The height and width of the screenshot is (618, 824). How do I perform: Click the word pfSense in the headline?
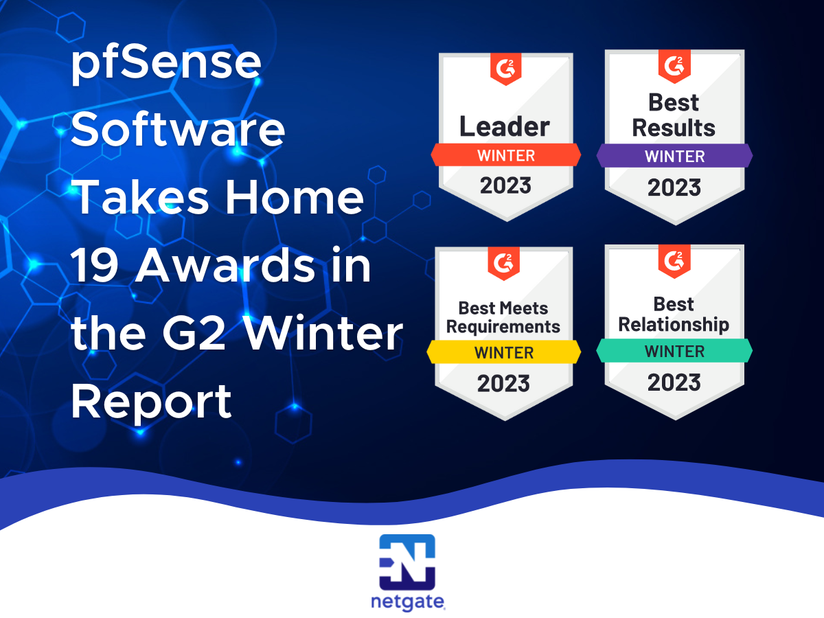pyautogui.click(x=166, y=63)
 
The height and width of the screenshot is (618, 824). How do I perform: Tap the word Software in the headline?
pyautogui.click(x=178, y=130)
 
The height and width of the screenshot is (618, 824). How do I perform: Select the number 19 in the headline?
pyautogui.click(x=95, y=266)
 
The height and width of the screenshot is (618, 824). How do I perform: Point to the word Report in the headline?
pyautogui.click(x=151, y=402)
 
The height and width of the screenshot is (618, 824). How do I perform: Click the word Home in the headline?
pyautogui.click(x=295, y=197)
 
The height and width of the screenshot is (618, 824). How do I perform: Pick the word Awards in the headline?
pyautogui.click(x=225, y=265)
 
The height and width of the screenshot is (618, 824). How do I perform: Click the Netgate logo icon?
pyautogui.click(x=407, y=562)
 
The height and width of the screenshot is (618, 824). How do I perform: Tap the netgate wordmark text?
pyautogui.click(x=408, y=602)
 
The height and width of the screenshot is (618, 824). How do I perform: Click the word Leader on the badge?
pyautogui.click(x=505, y=126)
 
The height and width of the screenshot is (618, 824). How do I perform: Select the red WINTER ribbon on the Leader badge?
pyautogui.click(x=505, y=155)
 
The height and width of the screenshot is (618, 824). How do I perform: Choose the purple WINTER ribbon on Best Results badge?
pyautogui.click(x=674, y=156)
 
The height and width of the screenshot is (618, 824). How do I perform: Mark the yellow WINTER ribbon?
pyautogui.click(x=504, y=352)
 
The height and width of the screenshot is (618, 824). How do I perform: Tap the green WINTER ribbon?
pyautogui.click(x=674, y=351)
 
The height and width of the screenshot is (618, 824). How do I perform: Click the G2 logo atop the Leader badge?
pyautogui.click(x=505, y=69)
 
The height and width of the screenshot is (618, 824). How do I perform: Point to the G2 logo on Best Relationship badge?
pyautogui.click(x=674, y=261)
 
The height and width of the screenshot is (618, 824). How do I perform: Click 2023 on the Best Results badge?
pyautogui.click(x=674, y=187)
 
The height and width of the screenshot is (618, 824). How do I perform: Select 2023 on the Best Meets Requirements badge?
pyautogui.click(x=503, y=383)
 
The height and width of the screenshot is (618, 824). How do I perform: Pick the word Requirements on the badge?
pyautogui.click(x=503, y=327)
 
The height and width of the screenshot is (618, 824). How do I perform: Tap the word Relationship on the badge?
pyautogui.click(x=674, y=325)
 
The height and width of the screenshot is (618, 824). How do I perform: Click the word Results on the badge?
pyautogui.click(x=674, y=128)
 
